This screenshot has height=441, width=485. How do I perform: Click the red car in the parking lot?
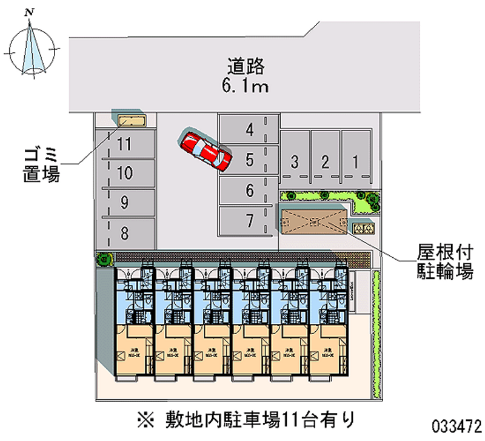[206, 150]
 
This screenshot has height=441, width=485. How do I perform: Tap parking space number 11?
[125, 144]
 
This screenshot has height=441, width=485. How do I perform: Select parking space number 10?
[125, 173]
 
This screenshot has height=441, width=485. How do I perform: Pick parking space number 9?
[125, 203]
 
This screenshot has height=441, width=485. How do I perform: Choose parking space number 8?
[125, 232]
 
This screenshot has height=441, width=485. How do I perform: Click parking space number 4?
[249, 129]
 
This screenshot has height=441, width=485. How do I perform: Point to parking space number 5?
[249, 160]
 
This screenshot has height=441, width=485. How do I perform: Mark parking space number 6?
[249, 190]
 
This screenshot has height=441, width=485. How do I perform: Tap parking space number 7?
[249, 221]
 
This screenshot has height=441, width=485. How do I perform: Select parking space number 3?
[295, 161]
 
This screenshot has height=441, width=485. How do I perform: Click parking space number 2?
[326, 161]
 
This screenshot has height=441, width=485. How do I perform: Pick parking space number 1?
[356, 161]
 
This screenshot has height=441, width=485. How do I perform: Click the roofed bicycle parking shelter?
[314, 220]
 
